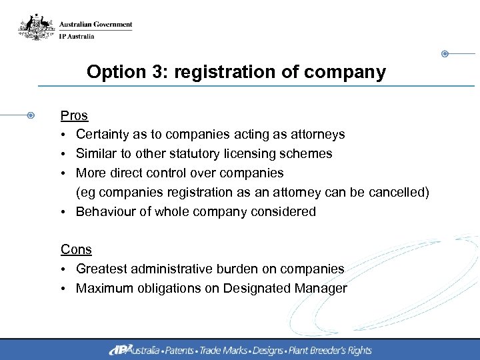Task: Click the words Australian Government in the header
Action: pos(95,25)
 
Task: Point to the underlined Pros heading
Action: pos(74,115)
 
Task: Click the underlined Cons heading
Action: pos(76,249)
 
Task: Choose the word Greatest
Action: pos(103,269)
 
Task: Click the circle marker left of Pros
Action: pos(31,115)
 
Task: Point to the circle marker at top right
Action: pos(445,53)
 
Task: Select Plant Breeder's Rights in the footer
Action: pos(332,350)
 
